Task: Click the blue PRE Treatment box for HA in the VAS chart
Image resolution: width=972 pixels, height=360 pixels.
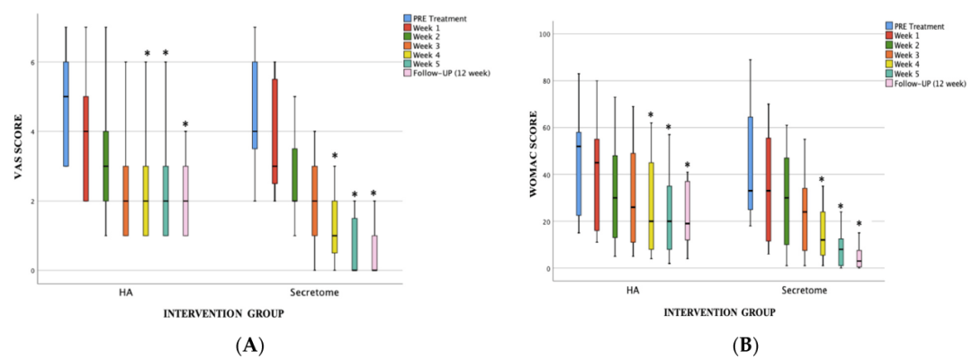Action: point(66,113)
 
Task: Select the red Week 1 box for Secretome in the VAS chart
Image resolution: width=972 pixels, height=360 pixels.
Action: point(274,130)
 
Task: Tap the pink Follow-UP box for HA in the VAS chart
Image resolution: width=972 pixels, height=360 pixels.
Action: point(185,200)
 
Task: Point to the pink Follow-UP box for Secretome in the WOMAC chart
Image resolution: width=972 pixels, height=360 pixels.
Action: point(859,258)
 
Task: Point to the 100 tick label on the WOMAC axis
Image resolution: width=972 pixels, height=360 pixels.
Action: point(545,34)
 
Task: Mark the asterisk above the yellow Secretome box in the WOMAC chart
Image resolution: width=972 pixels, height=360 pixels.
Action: point(821,180)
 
